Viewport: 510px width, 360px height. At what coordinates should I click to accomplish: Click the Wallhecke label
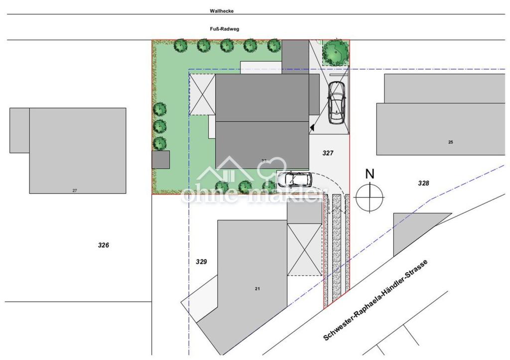(x=222, y=10)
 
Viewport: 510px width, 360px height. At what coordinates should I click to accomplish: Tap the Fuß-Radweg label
(x=225, y=29)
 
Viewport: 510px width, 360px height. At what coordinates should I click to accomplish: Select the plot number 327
(x=327, y=153)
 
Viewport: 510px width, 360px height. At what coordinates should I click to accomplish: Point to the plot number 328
(x=423, y=183)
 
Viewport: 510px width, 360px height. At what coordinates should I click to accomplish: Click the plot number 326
(x=104, y=245)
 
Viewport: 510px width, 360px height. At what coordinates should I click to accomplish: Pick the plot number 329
(x=201, y=261)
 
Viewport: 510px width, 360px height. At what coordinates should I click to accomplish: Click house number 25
(x=450, y=142)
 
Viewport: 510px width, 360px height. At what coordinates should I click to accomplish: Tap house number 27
(x=75, y=190)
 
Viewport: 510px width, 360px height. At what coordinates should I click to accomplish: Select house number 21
(x=257, y=289)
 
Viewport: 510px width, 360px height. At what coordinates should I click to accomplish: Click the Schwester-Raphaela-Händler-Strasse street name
(x=376, y=300)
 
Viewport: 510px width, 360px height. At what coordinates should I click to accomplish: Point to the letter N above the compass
(x=370, y=174)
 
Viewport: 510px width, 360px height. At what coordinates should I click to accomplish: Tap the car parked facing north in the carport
(x=337, y=102)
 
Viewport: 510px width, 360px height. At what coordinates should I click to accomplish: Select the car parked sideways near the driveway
(x=294, y=179)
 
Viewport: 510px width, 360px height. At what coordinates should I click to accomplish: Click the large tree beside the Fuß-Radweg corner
(x=335, y=52)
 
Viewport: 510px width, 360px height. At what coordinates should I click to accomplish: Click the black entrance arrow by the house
(x=312, y=128)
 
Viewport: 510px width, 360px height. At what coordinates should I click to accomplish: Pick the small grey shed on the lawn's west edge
(x=161, y=160)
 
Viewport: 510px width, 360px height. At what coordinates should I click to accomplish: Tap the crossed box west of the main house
(x=203, y=95)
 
